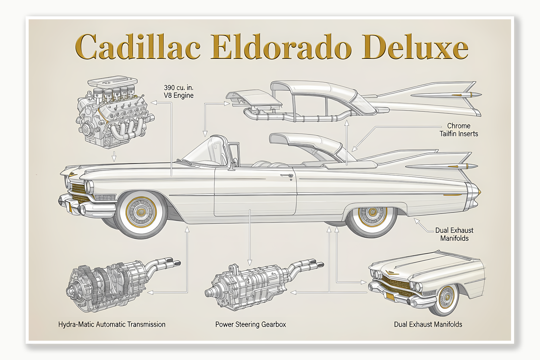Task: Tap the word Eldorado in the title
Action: click(281, 47)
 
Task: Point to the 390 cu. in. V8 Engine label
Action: click(178, 91)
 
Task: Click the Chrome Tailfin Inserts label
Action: click(459, 130)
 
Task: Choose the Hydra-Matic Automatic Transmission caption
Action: click(112, 324)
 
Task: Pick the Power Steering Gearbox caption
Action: click(251, 324)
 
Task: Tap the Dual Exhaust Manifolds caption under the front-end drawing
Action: click(428, 324)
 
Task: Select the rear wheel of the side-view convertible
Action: click(373, 215)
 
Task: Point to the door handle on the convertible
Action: click(286, 175)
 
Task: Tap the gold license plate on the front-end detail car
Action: click(390, 297)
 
